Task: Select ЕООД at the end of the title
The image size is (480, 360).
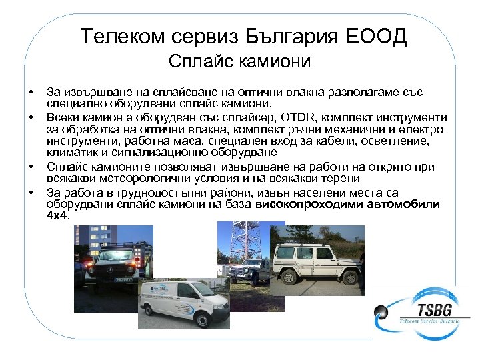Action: point(379,36)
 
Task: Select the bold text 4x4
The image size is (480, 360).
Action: point(58,216)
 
